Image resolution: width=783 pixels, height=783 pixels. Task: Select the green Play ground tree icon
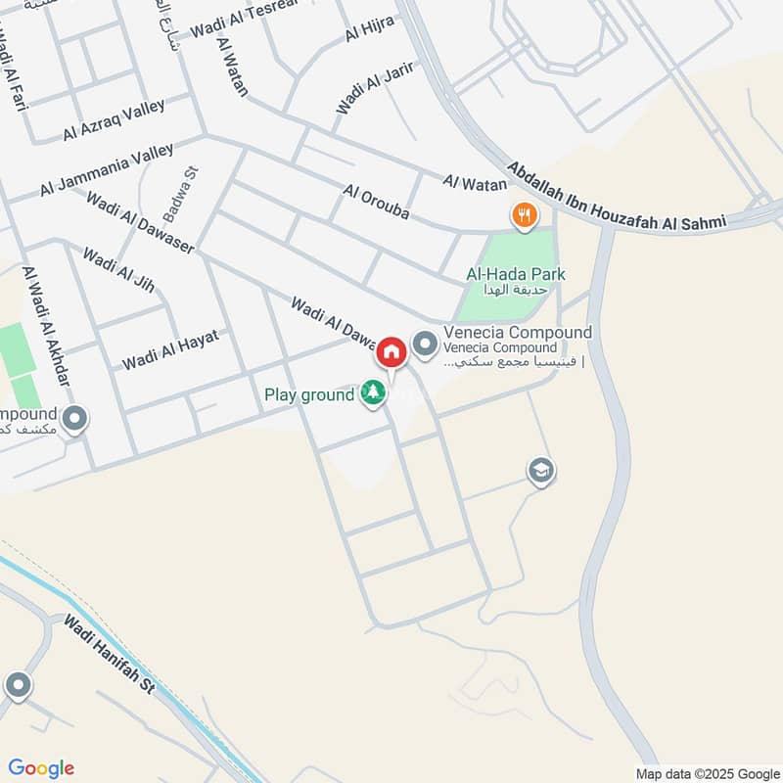[373, 394]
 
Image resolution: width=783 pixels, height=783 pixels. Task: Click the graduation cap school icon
[539, 472]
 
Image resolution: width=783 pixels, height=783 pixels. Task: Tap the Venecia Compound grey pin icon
[425, 344]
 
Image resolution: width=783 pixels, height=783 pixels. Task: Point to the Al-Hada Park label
[516, 275]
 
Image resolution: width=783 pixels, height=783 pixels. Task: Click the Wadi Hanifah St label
[110, 654]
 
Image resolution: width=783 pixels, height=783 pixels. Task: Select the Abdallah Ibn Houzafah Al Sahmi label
[618, 195]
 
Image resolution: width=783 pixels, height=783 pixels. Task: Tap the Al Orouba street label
[374, 203]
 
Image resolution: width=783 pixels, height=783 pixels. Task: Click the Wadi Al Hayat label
[169, 350]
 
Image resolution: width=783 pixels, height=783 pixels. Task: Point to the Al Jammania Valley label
[107, 168]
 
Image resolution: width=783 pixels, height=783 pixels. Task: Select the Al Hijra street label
[367, 30]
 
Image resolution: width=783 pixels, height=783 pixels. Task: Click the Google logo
[41, 768]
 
